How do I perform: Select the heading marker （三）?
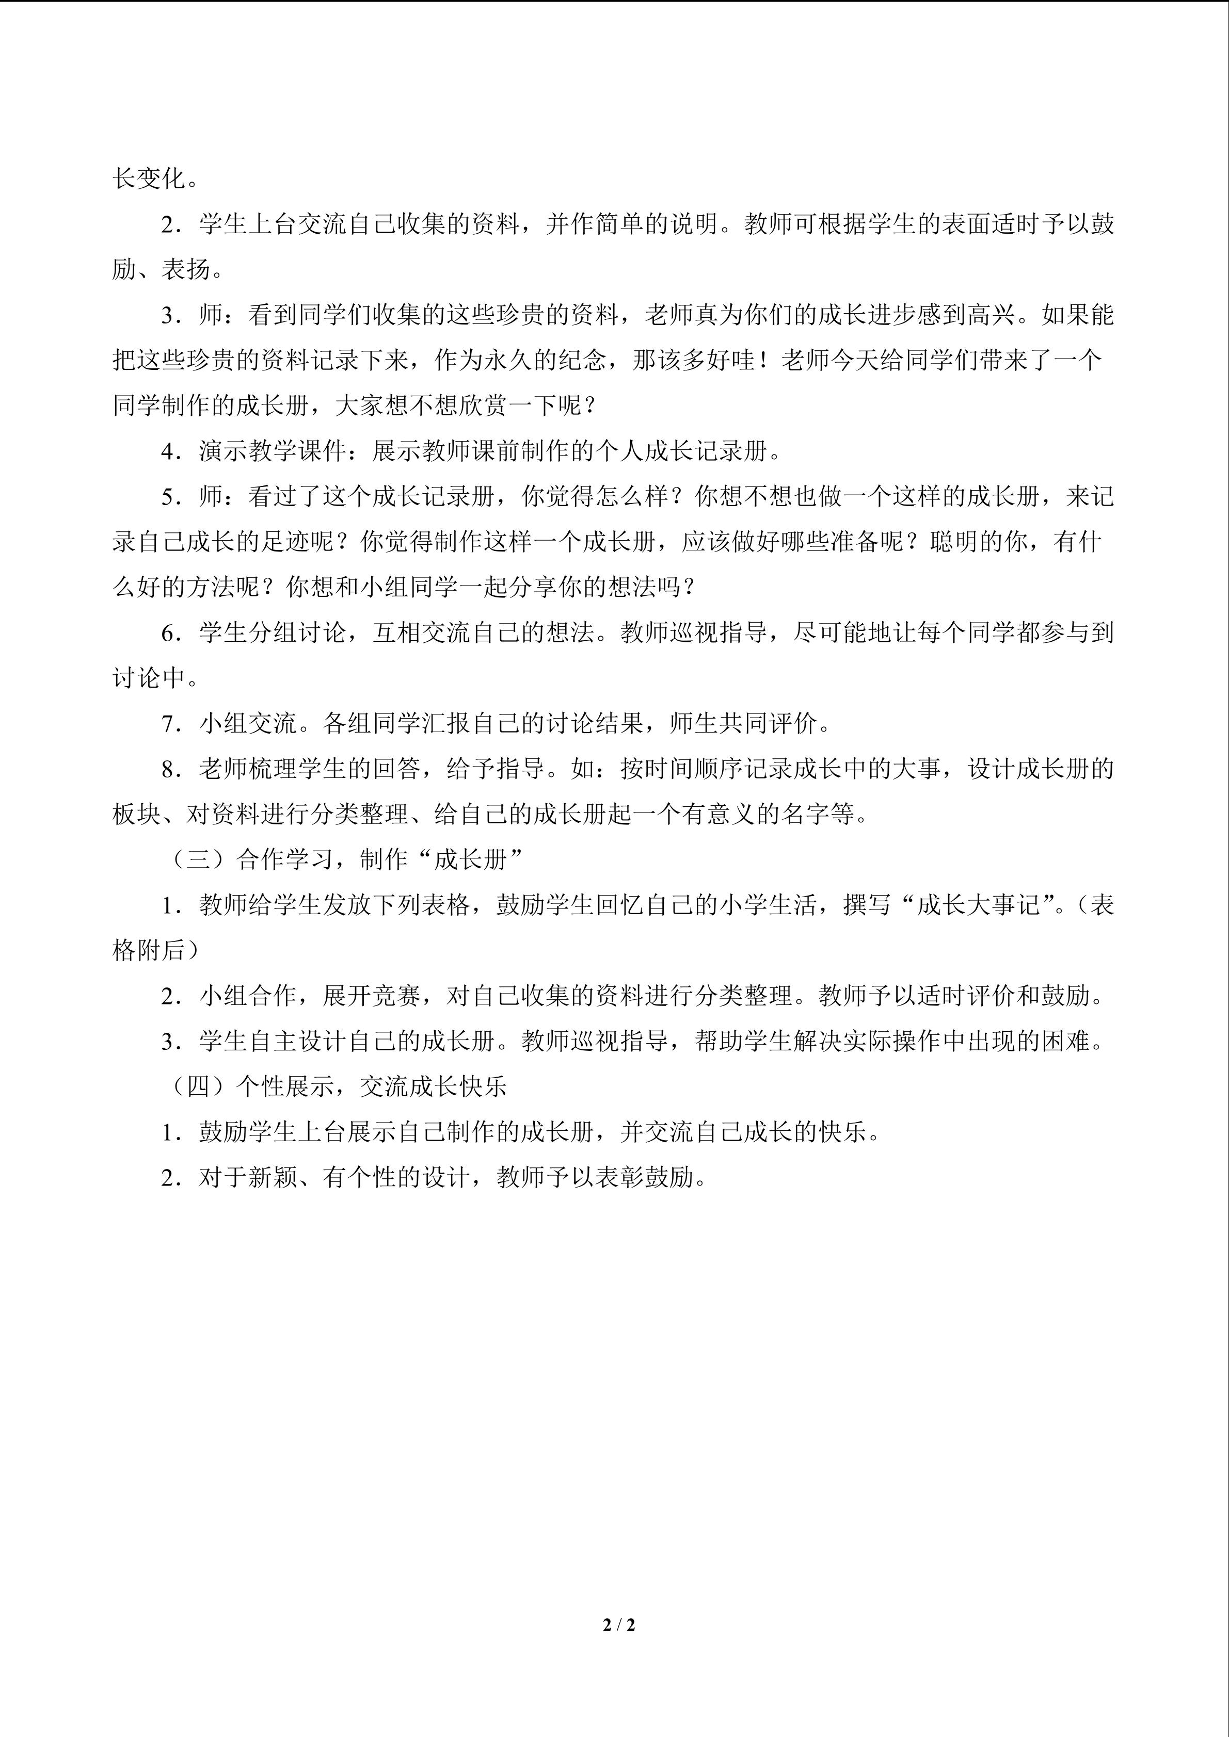coord(198,859)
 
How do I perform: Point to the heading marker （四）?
coord(198,1087)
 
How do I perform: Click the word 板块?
coord(137,815)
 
